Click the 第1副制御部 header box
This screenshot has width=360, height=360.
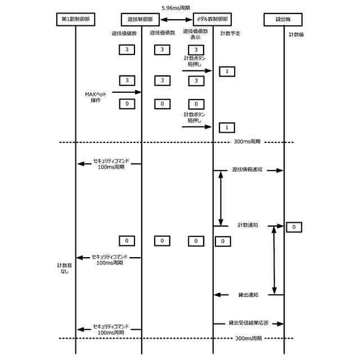point(75,19)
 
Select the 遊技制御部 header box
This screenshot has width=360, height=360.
point(141,19)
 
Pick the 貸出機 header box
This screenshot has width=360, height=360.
point(283,19)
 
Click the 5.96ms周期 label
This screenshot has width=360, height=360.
point(175,8)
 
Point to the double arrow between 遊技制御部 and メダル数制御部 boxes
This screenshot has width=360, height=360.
point(175,19)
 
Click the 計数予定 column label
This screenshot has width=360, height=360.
point(231,34)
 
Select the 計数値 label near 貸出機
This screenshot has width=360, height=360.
point(296,34)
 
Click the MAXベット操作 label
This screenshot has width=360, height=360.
point(95,97)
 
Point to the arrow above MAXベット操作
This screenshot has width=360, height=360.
point(125,91)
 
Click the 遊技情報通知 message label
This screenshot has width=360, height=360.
point(248,169)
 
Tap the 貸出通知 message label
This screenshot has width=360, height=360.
point(247,295)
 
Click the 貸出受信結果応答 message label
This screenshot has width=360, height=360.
point(248,323)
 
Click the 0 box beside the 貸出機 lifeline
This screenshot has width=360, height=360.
point(294,227)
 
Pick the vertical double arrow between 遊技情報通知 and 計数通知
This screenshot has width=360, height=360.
point(220,197)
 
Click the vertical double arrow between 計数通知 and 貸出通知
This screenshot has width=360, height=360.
point(274,259)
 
